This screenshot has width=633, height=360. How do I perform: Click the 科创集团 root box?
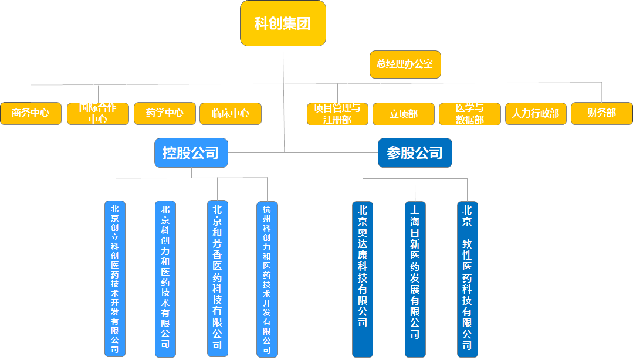tap(283, 24)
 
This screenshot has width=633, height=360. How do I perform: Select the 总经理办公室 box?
tap(405, 64)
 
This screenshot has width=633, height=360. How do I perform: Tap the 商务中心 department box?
tap(31, 114)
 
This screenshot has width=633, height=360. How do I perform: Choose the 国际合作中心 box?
tap(98, 114)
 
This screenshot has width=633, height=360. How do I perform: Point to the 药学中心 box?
tap(165, 114)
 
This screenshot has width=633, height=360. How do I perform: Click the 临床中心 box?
tap(231, 114)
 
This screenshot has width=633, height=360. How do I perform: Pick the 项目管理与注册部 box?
tap(337, 114)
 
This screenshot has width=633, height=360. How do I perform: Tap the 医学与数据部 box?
tap(470, 114)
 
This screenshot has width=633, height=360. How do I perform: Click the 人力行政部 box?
tap(536, 114)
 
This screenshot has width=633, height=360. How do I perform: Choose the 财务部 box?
tap(602, 114)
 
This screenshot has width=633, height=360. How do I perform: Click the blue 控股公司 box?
tap(191, 153)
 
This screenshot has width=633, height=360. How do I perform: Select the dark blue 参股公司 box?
tap(415, 153)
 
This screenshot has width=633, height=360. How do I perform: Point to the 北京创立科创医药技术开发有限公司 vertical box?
tap(115, 279)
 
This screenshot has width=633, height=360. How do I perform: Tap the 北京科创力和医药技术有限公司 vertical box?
tap(165, 279)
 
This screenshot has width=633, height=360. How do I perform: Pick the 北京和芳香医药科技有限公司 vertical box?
tap(218, 279)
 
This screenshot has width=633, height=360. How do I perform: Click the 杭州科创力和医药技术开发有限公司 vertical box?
tap(267, 279)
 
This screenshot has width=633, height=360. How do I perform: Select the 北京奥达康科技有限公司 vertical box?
tap(363, 279)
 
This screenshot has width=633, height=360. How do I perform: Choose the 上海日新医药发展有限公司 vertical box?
tap(415, 279)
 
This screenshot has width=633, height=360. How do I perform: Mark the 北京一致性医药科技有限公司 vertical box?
tap(468, 279)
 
